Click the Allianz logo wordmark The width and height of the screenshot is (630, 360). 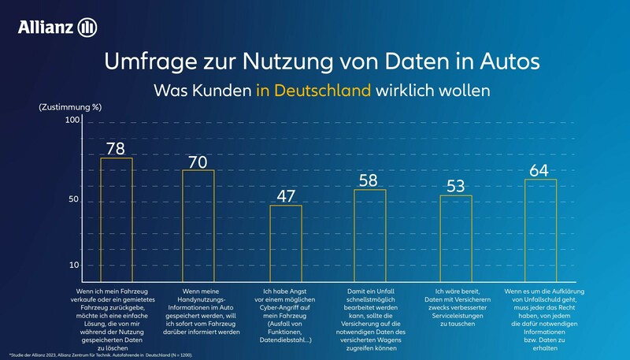coord(46,28)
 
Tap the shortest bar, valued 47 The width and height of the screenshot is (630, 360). coord(285,239)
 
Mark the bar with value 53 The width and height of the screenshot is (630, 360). coord(455,234)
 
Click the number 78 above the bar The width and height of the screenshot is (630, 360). coord(116,147)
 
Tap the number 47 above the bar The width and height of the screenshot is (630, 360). coord(285,195)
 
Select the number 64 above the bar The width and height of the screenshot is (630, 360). coord(540,169)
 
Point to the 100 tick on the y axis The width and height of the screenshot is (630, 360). coord(72,121)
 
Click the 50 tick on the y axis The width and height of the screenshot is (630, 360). coord(75,200)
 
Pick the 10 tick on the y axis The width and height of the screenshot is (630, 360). coord(75,265)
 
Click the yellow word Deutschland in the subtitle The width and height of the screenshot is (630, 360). coord(313,90)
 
